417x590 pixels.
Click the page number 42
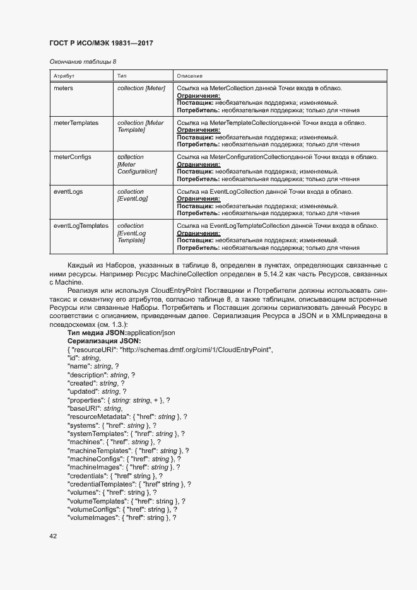click(53, 536)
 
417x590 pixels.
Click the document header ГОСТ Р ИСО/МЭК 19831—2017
click(101, 43)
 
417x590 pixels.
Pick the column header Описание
click(189, 76)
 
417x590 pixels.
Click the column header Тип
click(122, 76)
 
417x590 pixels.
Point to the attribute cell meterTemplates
click(76, 122)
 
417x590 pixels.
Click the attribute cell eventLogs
click(68, 192)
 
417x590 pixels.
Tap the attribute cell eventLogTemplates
click(81, 226)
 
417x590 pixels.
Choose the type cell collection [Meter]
click(141, 88)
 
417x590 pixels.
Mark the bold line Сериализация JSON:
click(104, 341)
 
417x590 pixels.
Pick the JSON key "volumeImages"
click(93, 517)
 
